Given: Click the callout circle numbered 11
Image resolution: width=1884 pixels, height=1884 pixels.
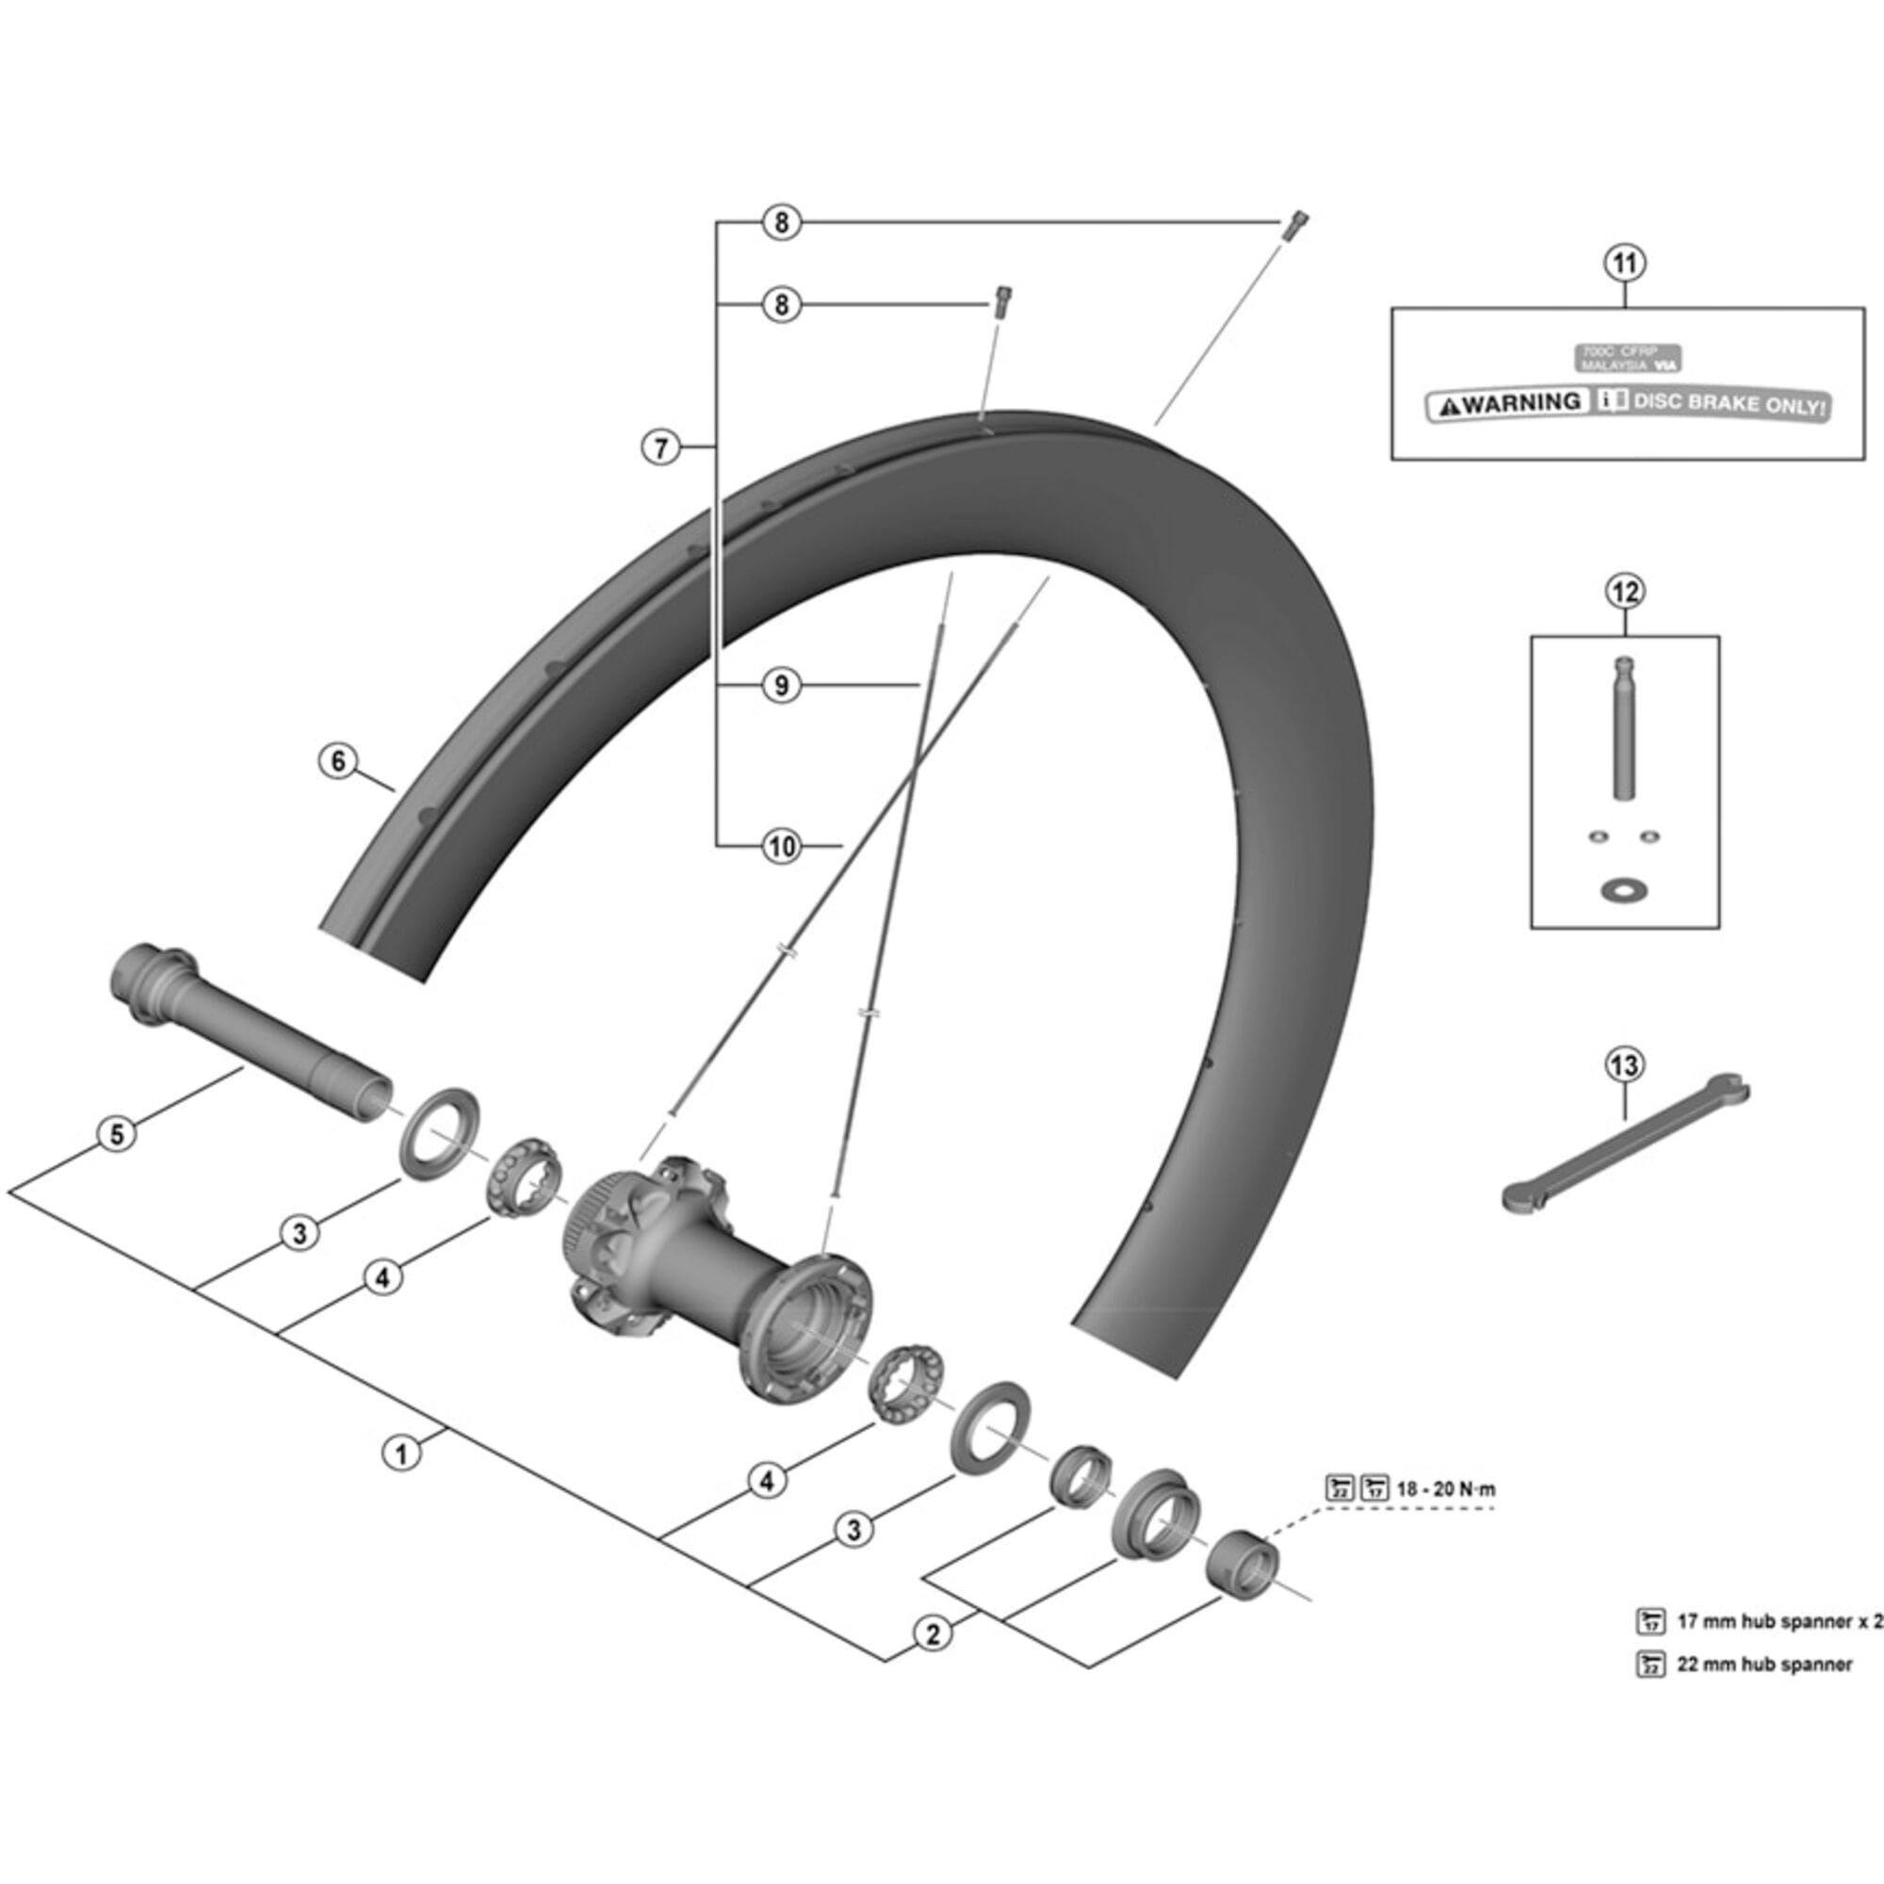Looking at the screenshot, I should (x=1625, y=264).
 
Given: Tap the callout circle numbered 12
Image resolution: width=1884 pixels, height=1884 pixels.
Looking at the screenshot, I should (x=1625, y=592).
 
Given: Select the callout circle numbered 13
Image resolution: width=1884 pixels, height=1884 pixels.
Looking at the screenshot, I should (x=1625, y=1064).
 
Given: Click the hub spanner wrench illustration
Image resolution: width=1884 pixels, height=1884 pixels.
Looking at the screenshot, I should (x=1627, y=1146).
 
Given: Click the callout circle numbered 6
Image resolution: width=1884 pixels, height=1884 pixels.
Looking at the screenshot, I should (x=338, y=760).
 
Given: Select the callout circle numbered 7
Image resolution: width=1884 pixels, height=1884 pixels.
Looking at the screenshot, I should (x=661, y=448).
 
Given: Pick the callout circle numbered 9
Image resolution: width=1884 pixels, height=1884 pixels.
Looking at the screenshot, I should (x=781, y=686).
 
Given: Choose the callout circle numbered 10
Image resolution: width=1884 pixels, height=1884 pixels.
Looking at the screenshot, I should (x=781, y=847).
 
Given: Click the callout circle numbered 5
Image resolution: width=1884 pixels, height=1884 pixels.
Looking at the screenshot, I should (x=117, y=1134).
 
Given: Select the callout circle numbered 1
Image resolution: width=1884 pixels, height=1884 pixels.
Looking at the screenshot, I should (x=400, y=1453).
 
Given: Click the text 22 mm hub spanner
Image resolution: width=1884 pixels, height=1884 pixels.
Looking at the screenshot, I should (x=1764, y=1665).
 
